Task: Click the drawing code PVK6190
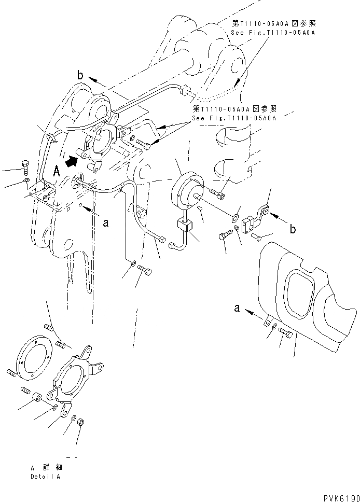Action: point(336,497)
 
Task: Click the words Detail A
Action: point(45,476)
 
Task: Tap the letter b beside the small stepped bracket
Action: point(293,228)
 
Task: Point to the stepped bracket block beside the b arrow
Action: point(252,218)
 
